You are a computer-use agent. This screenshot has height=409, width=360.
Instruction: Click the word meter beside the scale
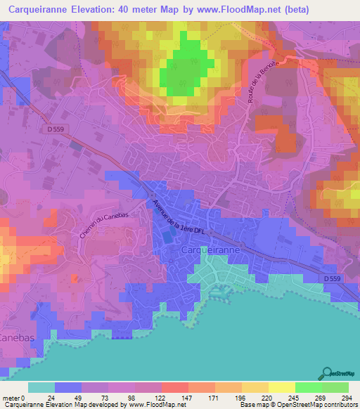[11, 397]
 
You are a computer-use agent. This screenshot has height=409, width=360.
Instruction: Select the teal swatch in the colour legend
[41, 387]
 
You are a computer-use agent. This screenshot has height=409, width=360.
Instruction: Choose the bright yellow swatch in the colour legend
[281, 387]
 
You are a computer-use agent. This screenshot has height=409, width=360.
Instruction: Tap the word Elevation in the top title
[112, 10]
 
